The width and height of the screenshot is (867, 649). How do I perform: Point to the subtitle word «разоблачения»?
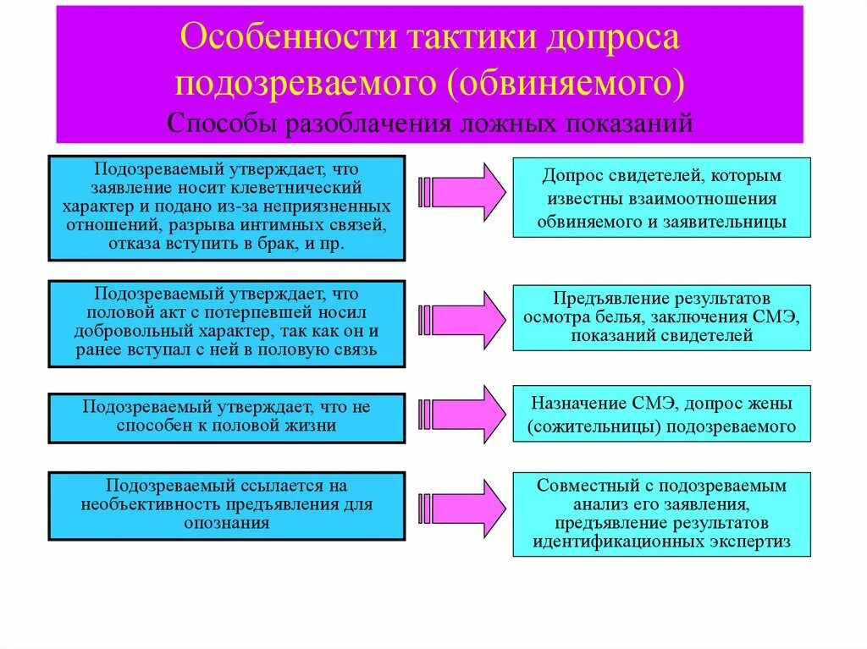(365, 124)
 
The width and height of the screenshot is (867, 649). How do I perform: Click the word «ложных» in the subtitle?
(504, 124)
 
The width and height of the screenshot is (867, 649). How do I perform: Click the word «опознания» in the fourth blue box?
(226, 522)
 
